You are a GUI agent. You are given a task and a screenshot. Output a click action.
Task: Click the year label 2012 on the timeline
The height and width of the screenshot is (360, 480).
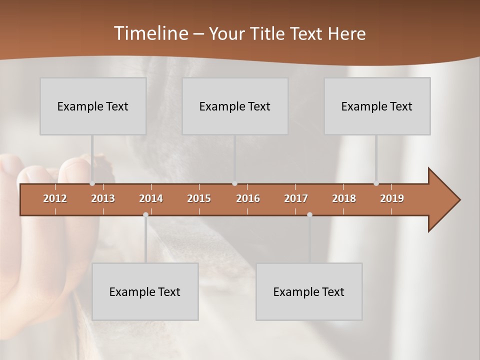[55, 198]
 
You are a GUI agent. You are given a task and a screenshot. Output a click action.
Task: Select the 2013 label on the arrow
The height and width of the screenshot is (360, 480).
[103, 198]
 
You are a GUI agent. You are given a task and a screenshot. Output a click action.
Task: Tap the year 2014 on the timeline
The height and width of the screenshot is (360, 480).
[151, 198]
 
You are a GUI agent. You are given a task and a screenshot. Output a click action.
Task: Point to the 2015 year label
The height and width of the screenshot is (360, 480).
[199, 198]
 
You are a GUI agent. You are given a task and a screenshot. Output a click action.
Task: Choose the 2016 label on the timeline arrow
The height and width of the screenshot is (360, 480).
[248, 198]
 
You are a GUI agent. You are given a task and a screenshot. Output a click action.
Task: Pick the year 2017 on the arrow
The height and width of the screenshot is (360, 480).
[296, 198]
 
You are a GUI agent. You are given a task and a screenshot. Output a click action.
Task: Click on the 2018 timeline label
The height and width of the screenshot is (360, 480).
[344, 198]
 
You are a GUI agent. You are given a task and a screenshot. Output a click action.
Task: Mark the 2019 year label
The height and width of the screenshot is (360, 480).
[392, 198]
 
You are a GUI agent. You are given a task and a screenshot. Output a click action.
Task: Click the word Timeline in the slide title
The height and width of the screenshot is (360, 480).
[150, 33]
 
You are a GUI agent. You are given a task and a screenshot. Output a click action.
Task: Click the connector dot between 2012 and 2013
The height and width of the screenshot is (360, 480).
[92, 183]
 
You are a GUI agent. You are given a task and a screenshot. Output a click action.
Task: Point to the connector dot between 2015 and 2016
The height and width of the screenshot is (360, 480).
[235, 183]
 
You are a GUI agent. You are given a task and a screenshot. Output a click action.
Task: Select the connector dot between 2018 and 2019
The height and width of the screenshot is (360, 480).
[376, 183]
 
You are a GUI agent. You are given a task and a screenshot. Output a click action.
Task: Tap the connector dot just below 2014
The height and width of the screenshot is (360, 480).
[145, 214]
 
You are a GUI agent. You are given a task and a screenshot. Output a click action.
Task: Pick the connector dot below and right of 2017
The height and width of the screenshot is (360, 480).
[309, 214]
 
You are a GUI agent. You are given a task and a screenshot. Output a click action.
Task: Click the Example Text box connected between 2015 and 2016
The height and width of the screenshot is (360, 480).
[235, 106]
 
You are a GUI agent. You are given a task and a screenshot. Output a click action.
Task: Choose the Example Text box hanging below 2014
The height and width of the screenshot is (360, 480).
[145, 291]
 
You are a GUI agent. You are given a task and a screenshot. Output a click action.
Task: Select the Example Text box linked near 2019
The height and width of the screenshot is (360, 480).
[377, 106]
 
